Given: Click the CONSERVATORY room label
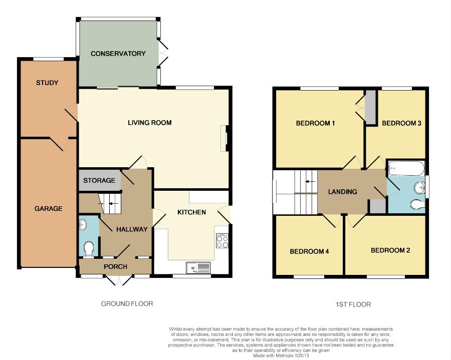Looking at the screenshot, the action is point(118,54).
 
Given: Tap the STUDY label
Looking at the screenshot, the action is point(47,83).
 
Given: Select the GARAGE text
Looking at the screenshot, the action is point(48,209).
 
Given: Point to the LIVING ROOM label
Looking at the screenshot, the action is point(149,123).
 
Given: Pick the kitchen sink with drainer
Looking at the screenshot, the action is point(198,267).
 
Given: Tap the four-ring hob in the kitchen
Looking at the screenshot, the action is point(222,241).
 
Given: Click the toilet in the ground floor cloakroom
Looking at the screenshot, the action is point(89,248).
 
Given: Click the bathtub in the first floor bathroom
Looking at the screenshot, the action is point(406,168).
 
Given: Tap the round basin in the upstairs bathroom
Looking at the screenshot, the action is point(419,188).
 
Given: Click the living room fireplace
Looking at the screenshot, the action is point(224,138).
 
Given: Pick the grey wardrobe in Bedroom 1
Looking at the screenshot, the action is point(370,108).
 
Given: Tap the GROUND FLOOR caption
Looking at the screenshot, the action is point(127,304).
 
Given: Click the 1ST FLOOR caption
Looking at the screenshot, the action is point(353,304).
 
